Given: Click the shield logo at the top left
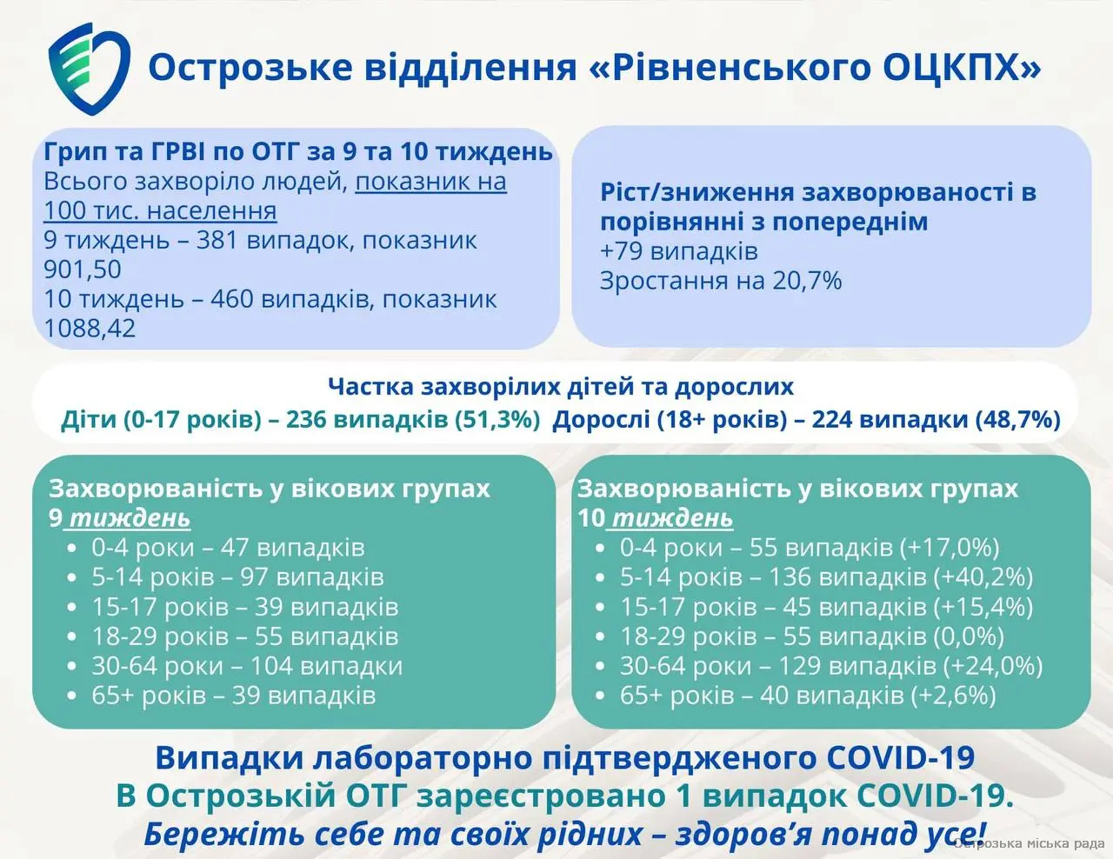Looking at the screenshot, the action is point(89,68).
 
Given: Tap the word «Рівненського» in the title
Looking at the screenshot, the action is point(741,68).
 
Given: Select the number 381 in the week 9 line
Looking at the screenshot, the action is point(217,240).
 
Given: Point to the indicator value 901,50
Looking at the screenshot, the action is point(83,270).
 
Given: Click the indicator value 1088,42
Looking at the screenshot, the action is point(90,328).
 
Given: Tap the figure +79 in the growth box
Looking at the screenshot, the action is point(622,251).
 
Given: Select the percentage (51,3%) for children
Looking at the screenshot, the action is point(497,419).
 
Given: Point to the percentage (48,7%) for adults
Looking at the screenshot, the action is point(1017,419).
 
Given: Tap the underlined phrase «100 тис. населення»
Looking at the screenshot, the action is point(160,211).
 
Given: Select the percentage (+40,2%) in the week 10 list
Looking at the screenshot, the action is point(983,577).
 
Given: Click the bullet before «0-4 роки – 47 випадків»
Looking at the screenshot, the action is point(71,549).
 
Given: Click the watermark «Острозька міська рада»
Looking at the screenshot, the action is point(1029,843).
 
